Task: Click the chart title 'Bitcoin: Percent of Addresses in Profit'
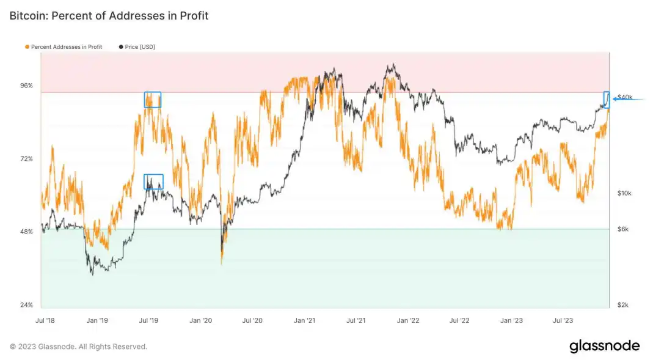109,16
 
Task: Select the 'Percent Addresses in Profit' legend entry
64,46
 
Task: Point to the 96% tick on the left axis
26,86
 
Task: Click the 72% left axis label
26,159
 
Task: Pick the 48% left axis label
26,232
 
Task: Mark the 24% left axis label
26,305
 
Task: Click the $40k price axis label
625,97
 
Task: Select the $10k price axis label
624,193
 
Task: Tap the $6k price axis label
623,229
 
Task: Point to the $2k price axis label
623,305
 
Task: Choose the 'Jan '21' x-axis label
304,320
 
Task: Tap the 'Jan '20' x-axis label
201,320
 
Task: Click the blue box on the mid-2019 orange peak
152,100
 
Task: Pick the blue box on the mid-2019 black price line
153,182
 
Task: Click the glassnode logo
604,346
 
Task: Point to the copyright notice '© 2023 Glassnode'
78,347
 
